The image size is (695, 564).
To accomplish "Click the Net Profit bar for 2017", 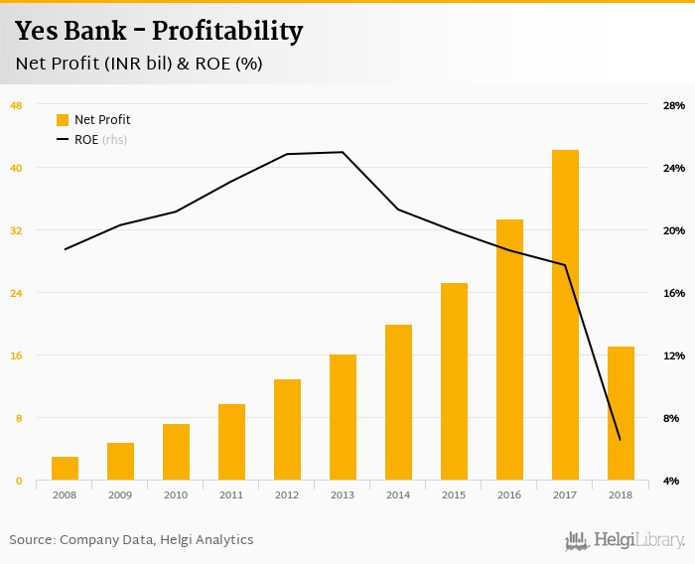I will click(x=565, y=316).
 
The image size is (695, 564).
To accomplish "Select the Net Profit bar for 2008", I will click(x=65, y=469).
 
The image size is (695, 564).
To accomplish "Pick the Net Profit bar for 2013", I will click(x=343, y=417).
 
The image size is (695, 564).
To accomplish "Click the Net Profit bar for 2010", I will click(x=176, y=452).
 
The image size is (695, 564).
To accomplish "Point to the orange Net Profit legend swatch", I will click(x=63, y=120).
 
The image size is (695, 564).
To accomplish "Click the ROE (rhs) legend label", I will click(x=100, y=140).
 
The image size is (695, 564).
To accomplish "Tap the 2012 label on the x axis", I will click(x=287, y=494).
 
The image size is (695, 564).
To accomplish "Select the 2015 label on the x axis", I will click(x=454, y=494).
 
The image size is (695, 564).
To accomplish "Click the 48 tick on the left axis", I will click(x=16, y=105).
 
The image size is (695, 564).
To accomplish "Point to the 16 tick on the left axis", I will click(x=16, y=355).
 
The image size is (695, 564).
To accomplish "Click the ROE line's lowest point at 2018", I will click(x=620, y=440).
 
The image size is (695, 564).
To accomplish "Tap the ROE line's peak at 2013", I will click(x=343, y=152).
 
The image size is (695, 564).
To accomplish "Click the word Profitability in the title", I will click(x=226, y=31).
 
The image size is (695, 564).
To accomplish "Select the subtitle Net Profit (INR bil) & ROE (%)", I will click(x=138, y=64).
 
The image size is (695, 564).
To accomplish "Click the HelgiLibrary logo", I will click(x=625, y=540).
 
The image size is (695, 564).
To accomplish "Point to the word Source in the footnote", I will click(x=31, y=540).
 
